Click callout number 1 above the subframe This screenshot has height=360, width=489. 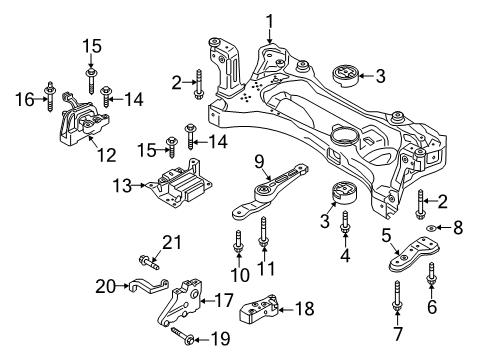click(269, 21)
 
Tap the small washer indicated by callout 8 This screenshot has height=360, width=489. click(432, 228)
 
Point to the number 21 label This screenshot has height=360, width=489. click(172, 243)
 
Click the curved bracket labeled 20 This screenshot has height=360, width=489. click(148, 286)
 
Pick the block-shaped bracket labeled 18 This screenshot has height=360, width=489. click(259, 309)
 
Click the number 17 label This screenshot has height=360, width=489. click(224, 300)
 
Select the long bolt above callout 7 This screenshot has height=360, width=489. click(397, 296)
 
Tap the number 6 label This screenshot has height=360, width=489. click(432, 307)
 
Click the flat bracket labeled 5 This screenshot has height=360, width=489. click(414, 254)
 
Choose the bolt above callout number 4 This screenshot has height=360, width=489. click(345, 222)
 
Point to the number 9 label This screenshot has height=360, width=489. click(259, 162)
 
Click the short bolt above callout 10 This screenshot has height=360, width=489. click(238, 242)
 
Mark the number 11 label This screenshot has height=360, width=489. click(266, 268)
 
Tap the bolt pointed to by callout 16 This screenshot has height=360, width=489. click(50, 96)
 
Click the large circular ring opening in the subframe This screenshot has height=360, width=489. click(345, 137)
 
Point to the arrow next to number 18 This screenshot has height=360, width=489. click(286, 310)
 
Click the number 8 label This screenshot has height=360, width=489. click(458, 228)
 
